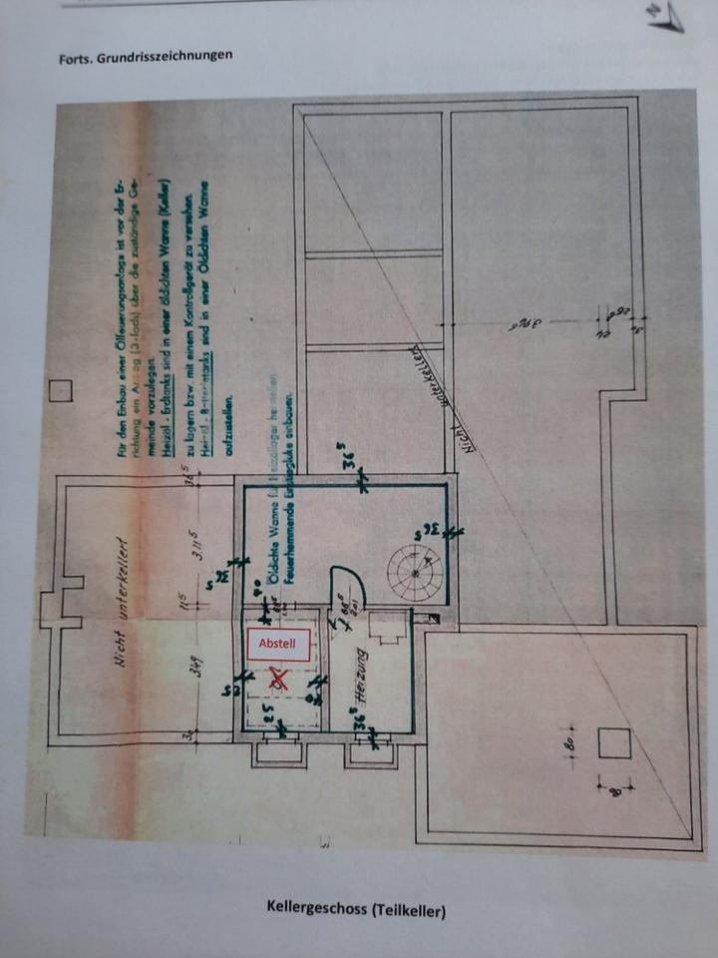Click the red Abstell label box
pos(278,644)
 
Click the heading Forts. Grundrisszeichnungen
pos(146,56)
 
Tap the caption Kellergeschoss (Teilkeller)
pos(356,908)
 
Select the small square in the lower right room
pos(613,743)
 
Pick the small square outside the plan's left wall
pos(64,388)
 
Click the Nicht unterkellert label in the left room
pos(125,604)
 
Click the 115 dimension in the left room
pos(186,603)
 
